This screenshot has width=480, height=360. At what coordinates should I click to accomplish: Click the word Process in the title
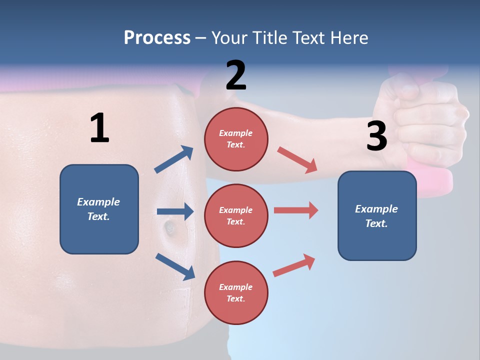click(x=157, y=37)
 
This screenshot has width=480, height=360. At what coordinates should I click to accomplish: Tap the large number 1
click(x=99, y=128)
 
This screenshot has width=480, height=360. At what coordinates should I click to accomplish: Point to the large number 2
click(x=236, y=75)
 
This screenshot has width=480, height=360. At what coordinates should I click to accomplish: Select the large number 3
click(x=376, y=136)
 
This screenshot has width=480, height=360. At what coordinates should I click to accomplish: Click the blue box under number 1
click(x=99, y=209)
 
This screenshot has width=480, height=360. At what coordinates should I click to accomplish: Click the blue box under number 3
click(x=377, y=215)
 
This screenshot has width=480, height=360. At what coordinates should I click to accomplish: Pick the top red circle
click(x=236, y=139)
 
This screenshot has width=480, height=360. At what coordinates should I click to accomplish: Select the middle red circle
click(x=236, y=215)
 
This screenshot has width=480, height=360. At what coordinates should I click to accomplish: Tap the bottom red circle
click(x=236, y=292)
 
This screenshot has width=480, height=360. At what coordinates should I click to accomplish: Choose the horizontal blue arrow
click(x=175, y=211)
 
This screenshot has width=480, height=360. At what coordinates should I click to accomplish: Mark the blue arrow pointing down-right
click(x=175, y=266)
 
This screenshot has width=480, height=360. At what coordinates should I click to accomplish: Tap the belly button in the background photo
click(x=169, y=228)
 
